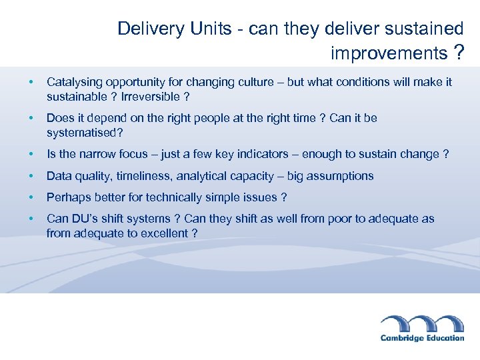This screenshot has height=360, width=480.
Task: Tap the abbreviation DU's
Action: tap(85, 219)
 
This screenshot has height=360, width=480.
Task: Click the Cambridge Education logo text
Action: tap(422, 337)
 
